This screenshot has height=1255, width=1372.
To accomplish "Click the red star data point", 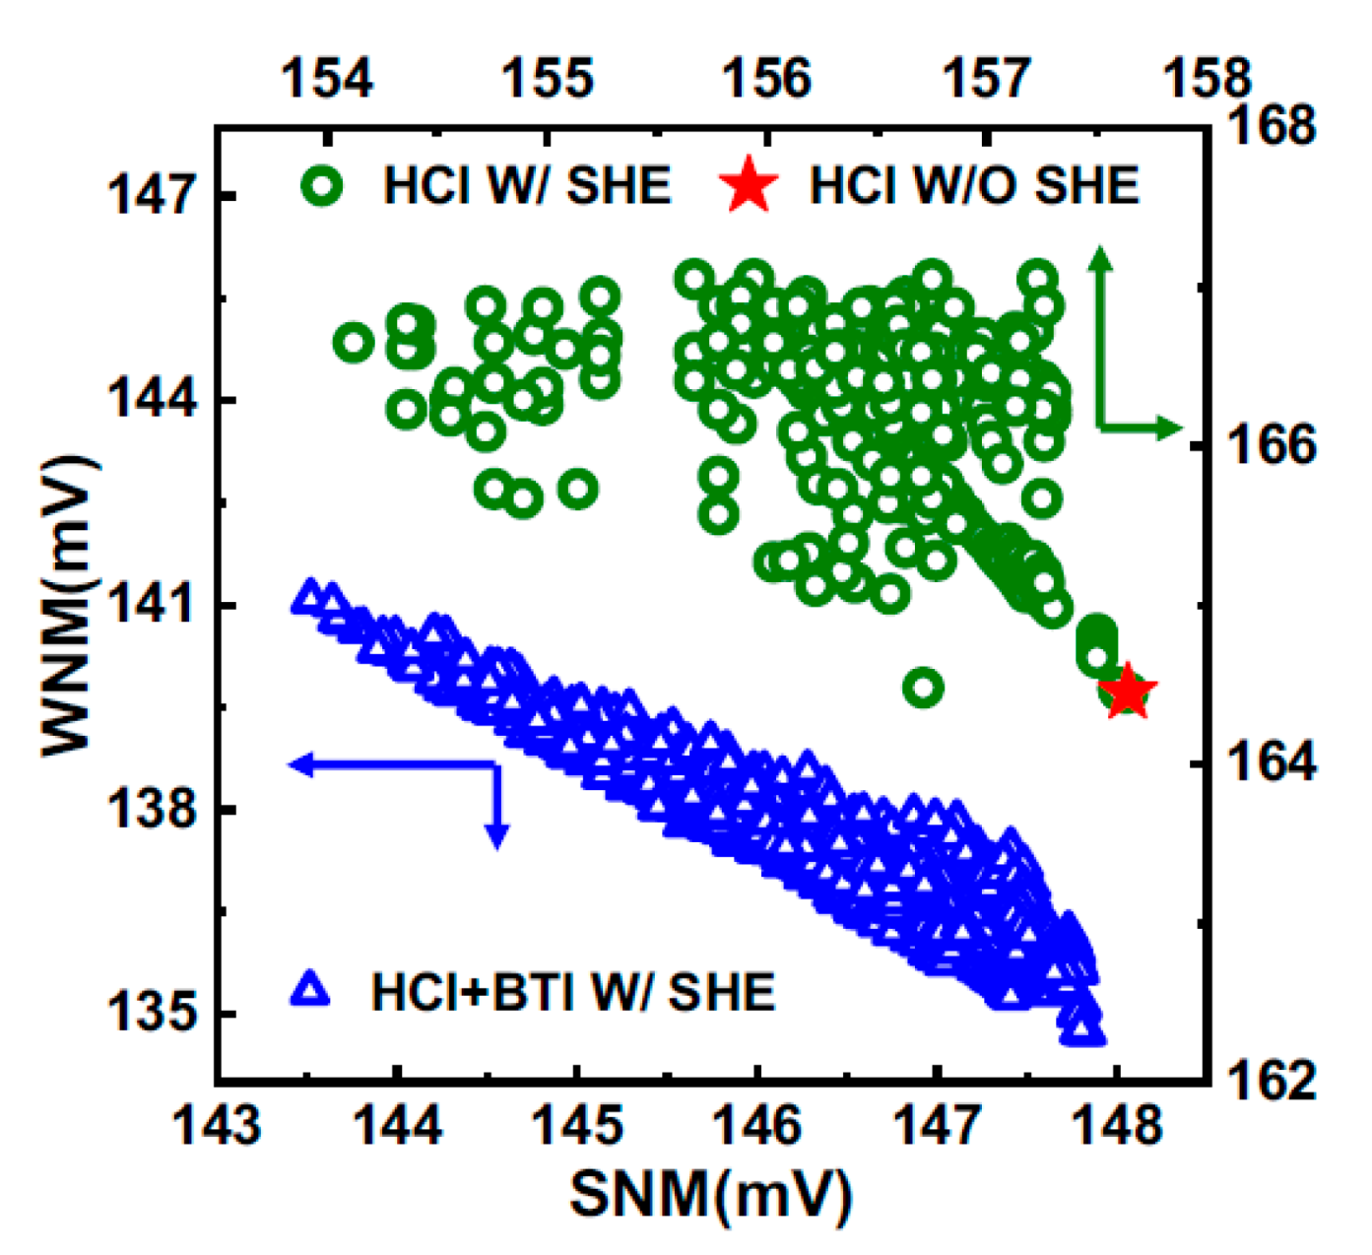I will [1127, 692].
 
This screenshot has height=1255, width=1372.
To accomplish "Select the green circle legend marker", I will [323, 185].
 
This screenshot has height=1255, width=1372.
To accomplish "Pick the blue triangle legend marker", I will [311, 989].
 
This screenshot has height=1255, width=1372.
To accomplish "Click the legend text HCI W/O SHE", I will [973, 185].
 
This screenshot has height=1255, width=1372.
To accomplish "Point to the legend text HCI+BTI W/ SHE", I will [572, 992].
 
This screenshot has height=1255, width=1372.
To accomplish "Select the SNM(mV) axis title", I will [709, 1195].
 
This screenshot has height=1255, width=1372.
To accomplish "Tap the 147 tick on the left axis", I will [150, 196].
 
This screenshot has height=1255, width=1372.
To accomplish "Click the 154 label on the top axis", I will [328, 78].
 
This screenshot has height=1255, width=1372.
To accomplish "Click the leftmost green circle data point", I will [354, 343].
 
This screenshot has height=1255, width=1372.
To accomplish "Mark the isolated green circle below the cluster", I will [923, 687].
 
